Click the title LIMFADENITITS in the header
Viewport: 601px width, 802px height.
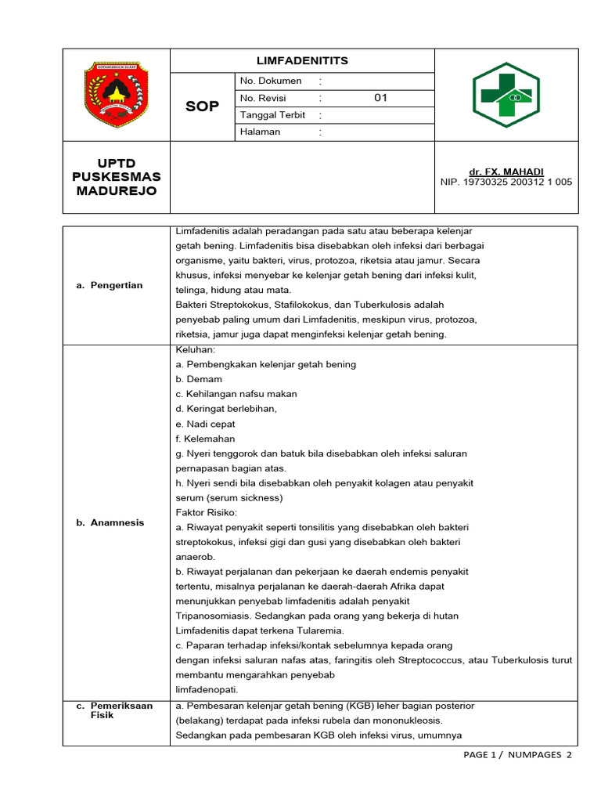point(302,61)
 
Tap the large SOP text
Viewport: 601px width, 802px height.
point(203,107)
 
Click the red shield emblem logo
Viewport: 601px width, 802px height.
point(116,95)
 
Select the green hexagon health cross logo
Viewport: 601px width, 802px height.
point(506,95)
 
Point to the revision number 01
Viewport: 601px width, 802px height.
point(380,98)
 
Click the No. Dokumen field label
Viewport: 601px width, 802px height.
point(271,81)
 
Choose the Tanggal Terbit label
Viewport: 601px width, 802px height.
point(273,115)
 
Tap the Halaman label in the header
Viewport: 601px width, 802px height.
point(261,132)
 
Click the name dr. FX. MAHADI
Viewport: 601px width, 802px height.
point(506,172)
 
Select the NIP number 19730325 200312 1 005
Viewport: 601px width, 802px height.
point(506,182)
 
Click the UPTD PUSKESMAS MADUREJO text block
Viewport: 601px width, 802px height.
point(116,177)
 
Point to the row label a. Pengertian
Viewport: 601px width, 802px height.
point(110,285)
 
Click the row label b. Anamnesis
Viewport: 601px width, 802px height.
point(110,522)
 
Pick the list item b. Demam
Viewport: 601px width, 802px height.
point(199,379)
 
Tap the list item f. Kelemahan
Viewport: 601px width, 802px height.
point(205,439)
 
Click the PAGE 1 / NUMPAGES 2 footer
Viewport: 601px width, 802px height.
point(517,755)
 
